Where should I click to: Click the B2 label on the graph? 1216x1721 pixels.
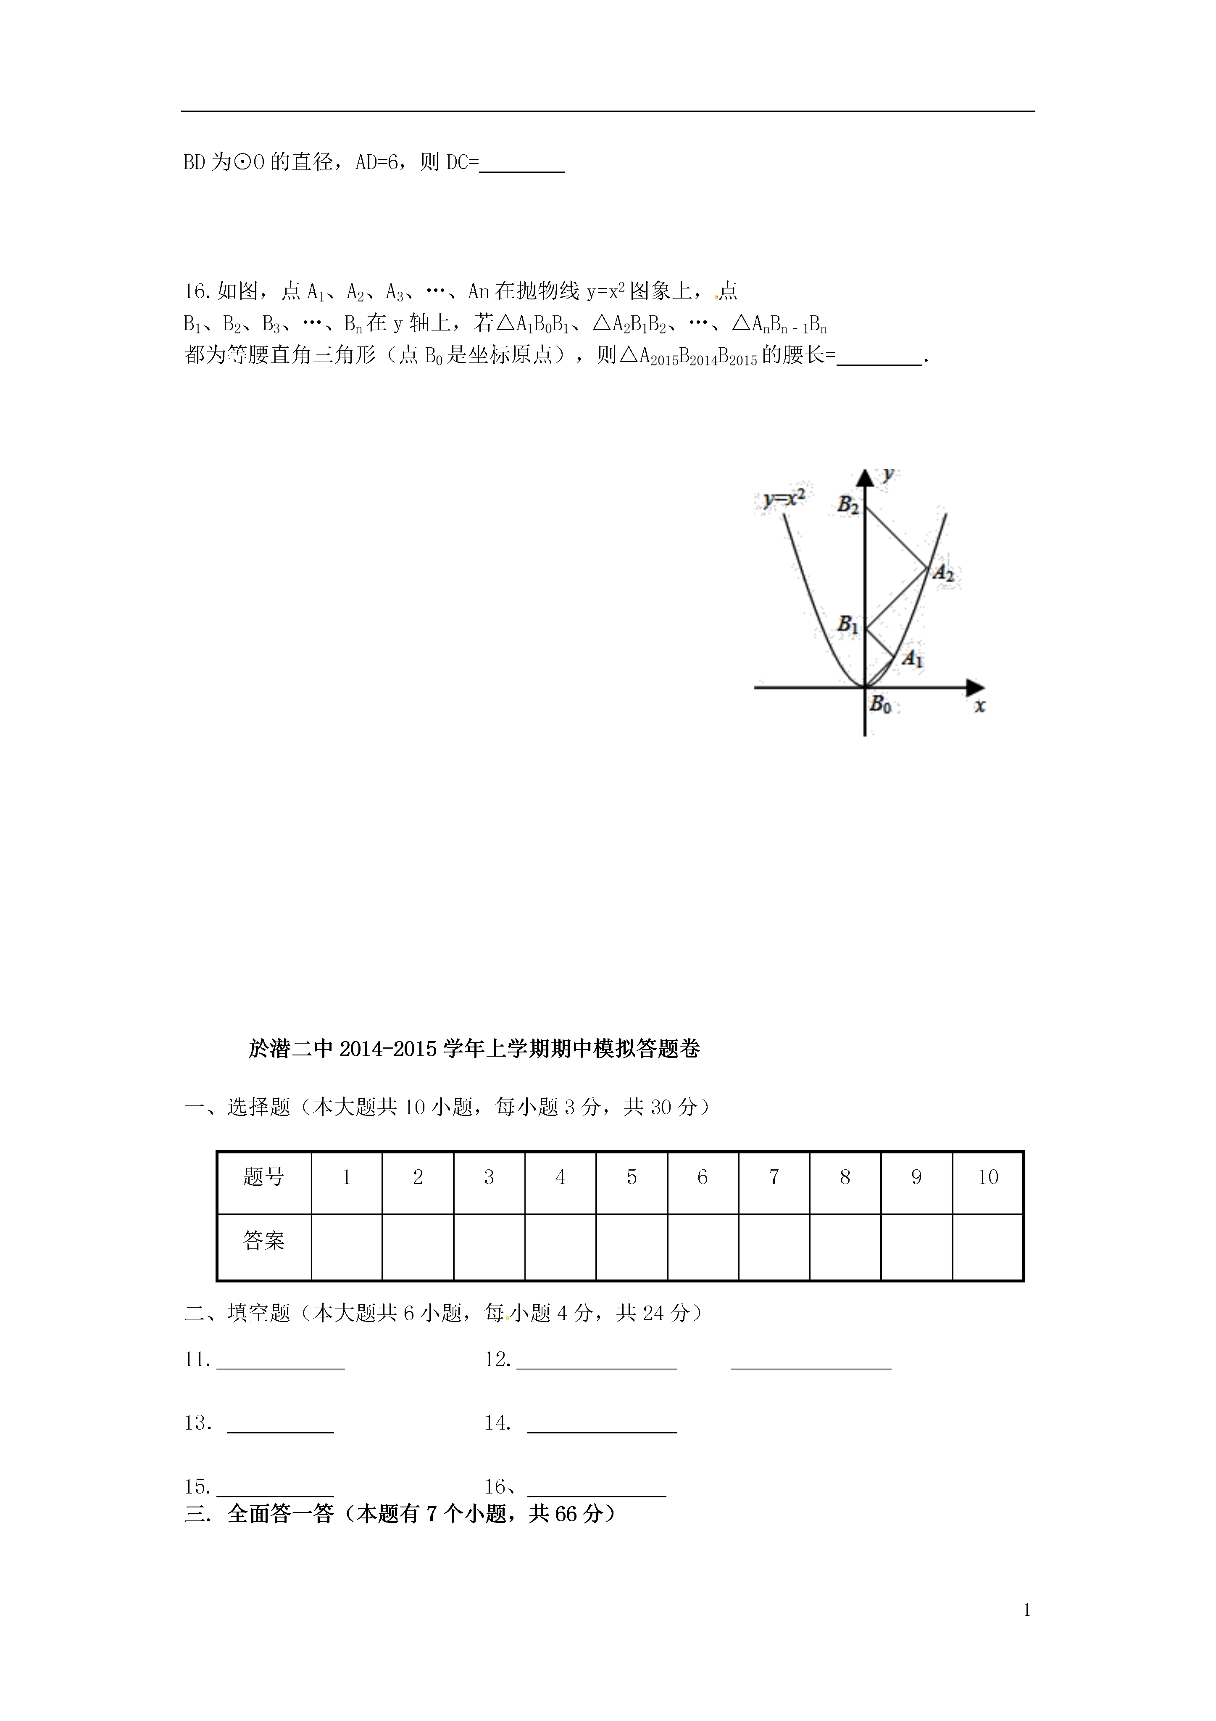coord(848,505)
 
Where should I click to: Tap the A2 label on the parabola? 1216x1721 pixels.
coord(942,574)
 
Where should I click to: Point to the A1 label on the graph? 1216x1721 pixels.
coord(912,659)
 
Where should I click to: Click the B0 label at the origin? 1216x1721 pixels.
coord(880,705)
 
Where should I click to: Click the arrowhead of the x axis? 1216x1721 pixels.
coord(976,687)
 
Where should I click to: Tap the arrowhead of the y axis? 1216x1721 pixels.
coord(866,478)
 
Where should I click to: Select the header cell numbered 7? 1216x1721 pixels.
coord(774,1178)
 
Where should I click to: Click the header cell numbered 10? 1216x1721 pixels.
coord(987,1178)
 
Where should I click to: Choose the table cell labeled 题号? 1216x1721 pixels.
coord(264,1178)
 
